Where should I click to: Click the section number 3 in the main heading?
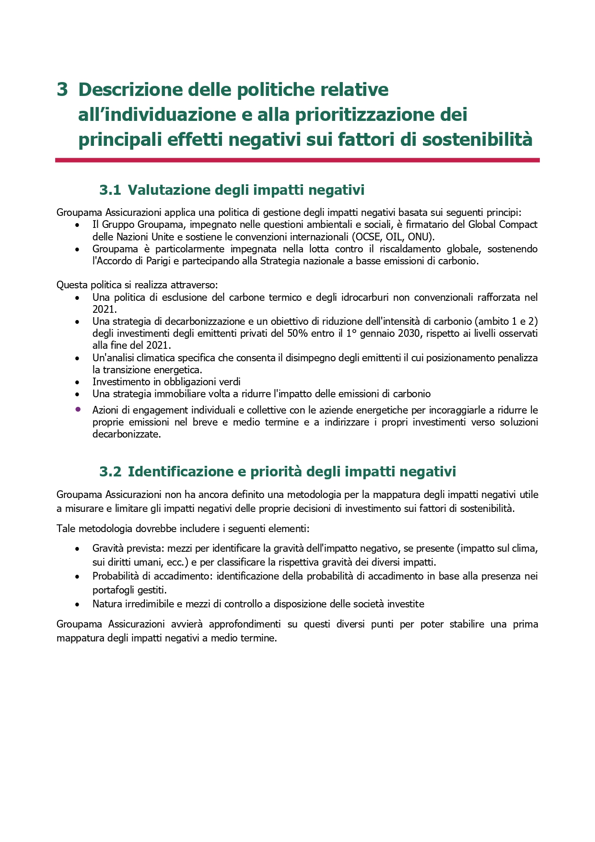pyautogui.click(x=62, y=90)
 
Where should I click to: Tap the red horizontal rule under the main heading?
pyautogui.click(x=297, y=160)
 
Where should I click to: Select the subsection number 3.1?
pyautogui.click(x=110, y=190)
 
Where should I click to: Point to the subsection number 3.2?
pyautogui.click(x=110, y=472)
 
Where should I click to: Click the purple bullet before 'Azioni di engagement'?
pyautogui.click(x=77, y=410)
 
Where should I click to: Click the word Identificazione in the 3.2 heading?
pyautogui.click(x=180, y=472)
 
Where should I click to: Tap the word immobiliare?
pyautogui.click(x=179, y=394)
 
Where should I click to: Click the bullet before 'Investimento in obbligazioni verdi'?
pyautogui.click(x=77, y=382)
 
